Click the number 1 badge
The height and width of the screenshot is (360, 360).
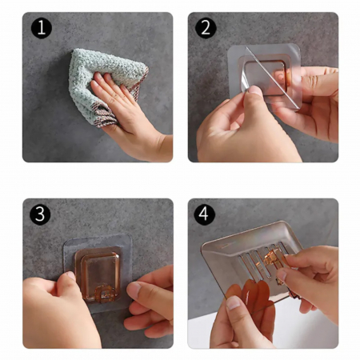tap(42, 28)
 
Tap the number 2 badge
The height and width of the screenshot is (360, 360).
tap(206, 28)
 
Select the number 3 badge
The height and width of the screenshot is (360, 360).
tap(40, 214)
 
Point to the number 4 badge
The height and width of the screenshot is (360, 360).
tap(205, 214)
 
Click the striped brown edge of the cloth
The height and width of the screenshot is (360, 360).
tap(106, 114)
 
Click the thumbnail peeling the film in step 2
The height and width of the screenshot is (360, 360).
tap(254, 90)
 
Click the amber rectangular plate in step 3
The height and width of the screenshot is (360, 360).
tap(98, 274)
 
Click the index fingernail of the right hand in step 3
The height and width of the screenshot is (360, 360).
tap(134, 289)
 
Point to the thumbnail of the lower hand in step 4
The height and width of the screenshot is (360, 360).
tap(234, 302)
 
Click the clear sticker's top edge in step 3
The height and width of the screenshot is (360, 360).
tap(98, 236)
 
